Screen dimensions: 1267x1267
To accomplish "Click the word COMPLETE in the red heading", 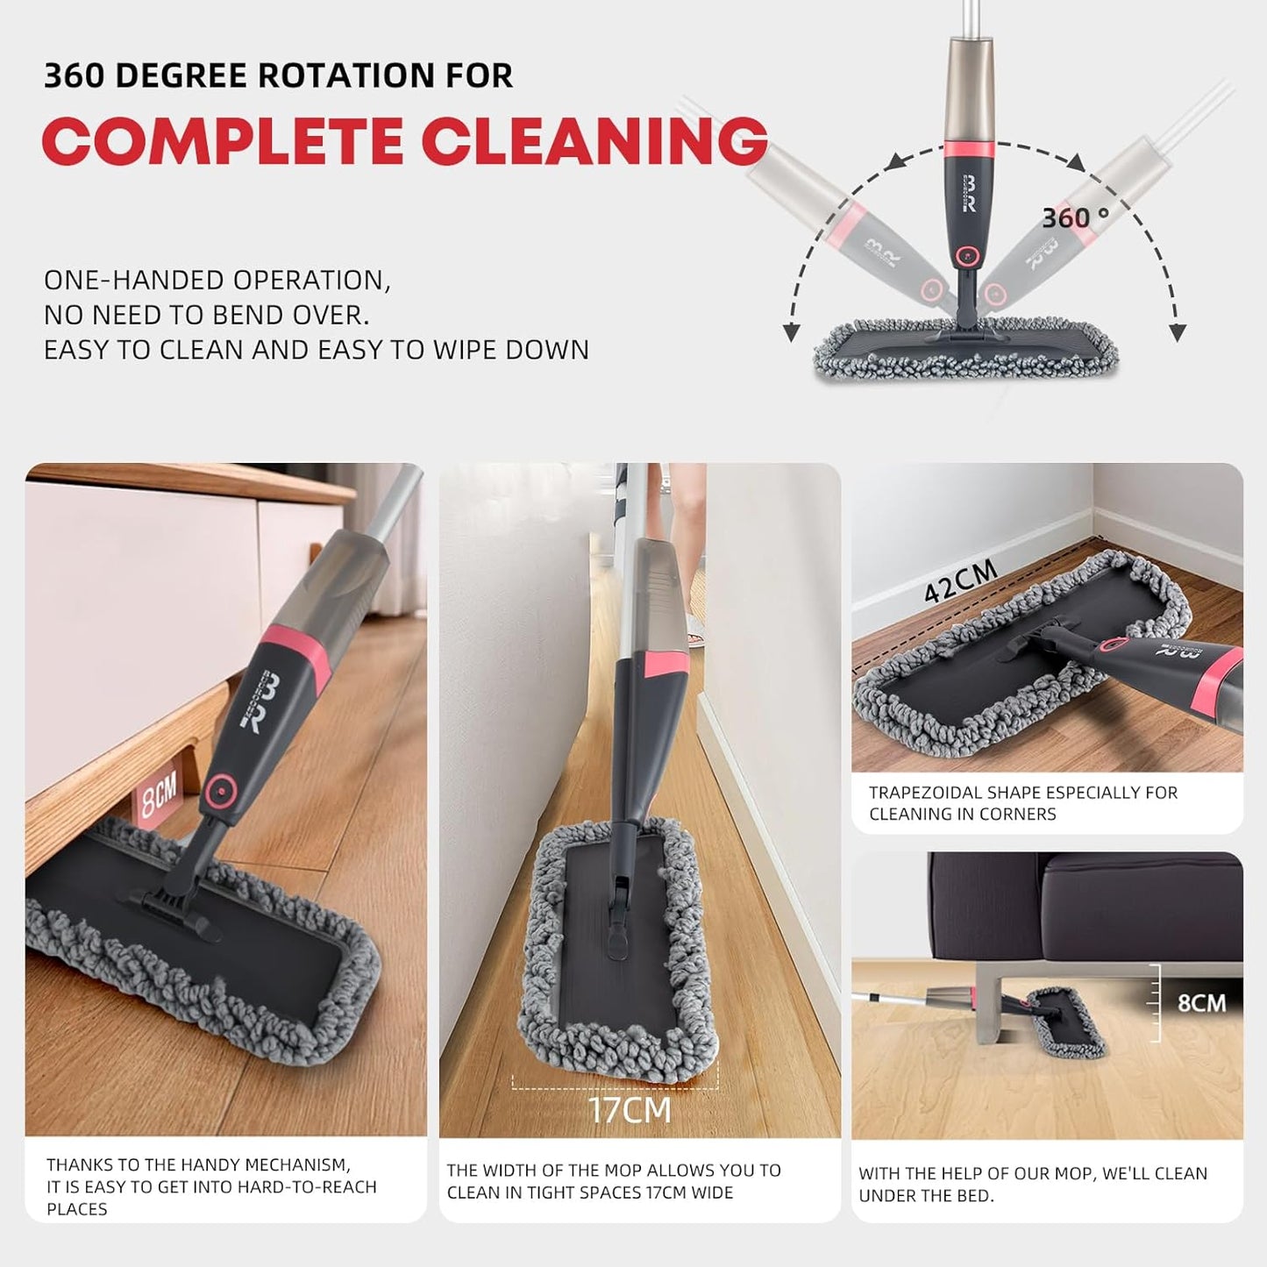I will pos(224,140).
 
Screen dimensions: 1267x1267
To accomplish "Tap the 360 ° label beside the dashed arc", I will pos(1075,217).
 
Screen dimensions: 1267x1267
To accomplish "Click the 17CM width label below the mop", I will pos(630,1109).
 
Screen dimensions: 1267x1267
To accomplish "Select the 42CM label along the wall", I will pos(961,581).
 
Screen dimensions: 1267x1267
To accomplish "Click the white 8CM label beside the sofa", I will pos(1200,1001).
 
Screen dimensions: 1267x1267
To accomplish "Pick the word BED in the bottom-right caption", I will pos(979,1196).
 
